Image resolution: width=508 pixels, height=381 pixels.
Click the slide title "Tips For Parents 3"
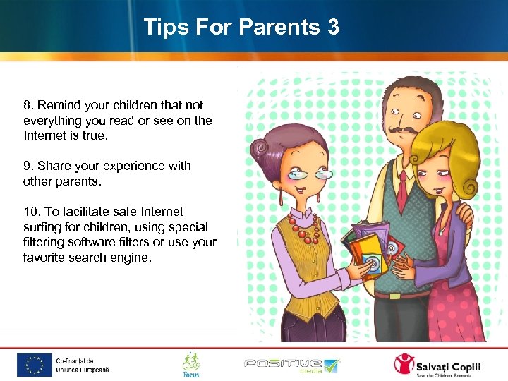click(x=241, y=28)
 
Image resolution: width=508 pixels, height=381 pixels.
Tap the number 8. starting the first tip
click(x=28, y=105)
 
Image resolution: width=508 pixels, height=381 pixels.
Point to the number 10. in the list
click(x=32, y=212)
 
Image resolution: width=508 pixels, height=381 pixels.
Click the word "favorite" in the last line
click(x=44, y=258)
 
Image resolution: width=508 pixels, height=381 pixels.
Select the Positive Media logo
click(x=292, y=365)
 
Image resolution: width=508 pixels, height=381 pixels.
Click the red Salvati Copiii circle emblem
click(x=404, y=364)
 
